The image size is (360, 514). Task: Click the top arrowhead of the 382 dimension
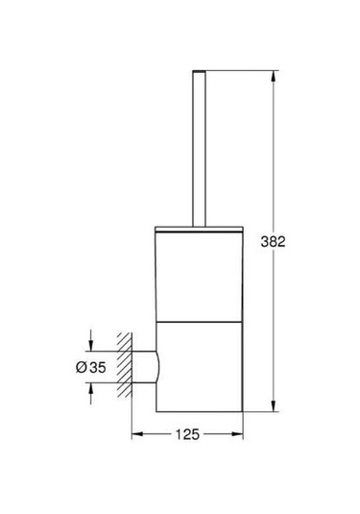[x=276, y=74]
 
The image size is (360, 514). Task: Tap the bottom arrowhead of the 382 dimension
[x=276, y=404]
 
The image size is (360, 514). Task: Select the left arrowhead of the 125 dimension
[x=133, y=433]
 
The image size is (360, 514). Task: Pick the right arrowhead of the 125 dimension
[x=242, y=433]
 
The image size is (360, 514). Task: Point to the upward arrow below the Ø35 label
[x=90, y=388]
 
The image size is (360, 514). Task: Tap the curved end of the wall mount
[x=156, y=366]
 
